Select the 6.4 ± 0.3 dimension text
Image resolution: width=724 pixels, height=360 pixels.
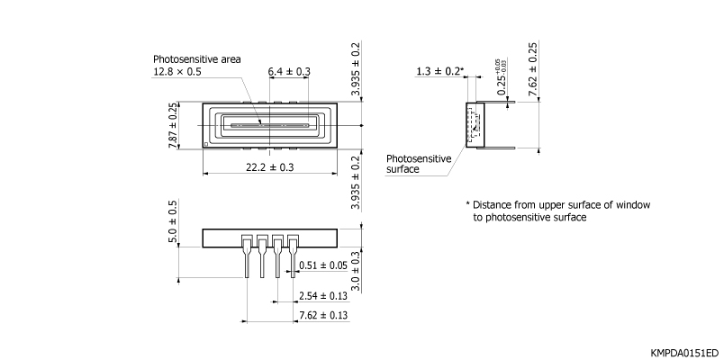(289, 71)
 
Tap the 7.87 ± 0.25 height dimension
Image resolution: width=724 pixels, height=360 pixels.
(172, 125)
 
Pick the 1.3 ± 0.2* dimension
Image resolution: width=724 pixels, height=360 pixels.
(439, 71)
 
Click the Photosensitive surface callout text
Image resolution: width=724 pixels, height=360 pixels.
(419, 163)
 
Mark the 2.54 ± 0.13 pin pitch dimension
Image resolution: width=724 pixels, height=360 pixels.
(322, 295)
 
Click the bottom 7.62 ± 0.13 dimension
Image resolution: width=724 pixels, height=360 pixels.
(322, 315)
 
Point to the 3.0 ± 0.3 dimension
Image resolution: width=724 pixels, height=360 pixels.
(356, 271)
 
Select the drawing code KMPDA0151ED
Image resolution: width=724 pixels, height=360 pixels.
(684, 351)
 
